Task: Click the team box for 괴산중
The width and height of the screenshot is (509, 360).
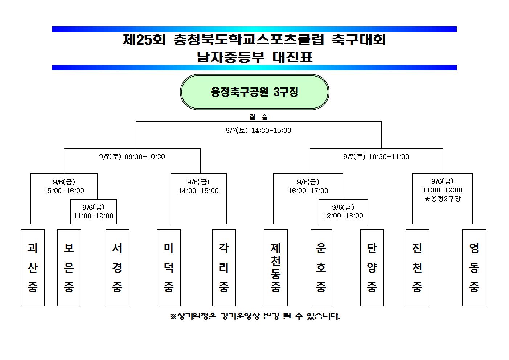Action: pyautogui.click(x=33, y=267)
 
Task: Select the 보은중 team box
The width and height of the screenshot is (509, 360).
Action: pyautogui.click(x=69, y=267)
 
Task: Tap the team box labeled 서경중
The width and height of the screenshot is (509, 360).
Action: pyautogui.click(x=117, y=267)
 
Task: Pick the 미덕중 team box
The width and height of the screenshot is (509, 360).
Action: pyautogui.click(x=169, y=267)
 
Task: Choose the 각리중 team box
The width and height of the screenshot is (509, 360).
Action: pyautogui.click(x=224, y=267)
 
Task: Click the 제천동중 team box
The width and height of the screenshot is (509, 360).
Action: pyautogui.click(x=276, y=267)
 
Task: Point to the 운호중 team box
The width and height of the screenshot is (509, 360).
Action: pyautogui.click(x=321, y=267)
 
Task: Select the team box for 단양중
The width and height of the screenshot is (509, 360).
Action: pyautogui.click(x=372, y=267)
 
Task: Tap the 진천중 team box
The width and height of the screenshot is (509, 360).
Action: pyautogui.click(x=417, y=267)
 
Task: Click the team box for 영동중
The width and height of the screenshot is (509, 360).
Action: pyautogui.click(x=474, y=267)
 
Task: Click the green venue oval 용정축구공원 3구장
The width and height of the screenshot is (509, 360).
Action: pyautogui.click(x=255, y=92)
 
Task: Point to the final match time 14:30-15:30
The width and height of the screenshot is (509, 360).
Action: pyautogui.click(x=271, y=130)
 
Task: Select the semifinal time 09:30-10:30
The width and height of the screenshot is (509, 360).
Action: pyautogui.click(x=145, y=156)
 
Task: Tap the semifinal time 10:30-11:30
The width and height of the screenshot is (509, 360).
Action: pyautogui.click(x=389, y=156)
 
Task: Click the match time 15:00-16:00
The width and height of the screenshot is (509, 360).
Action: pyautogui.click(x=64, y=191)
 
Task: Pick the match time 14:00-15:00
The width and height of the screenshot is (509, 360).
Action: pyautogui.click(x=198, y=191)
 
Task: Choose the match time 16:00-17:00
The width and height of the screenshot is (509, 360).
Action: pyautogui.click(x=308, y=191)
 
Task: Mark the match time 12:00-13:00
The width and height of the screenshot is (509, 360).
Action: pyautogui.click(x=343, y=216)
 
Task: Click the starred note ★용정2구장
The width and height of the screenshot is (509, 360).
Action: pyautogui.click(x=443, y=199)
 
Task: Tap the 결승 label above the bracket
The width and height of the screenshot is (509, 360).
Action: pyautogui.click(x=258, y=117)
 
